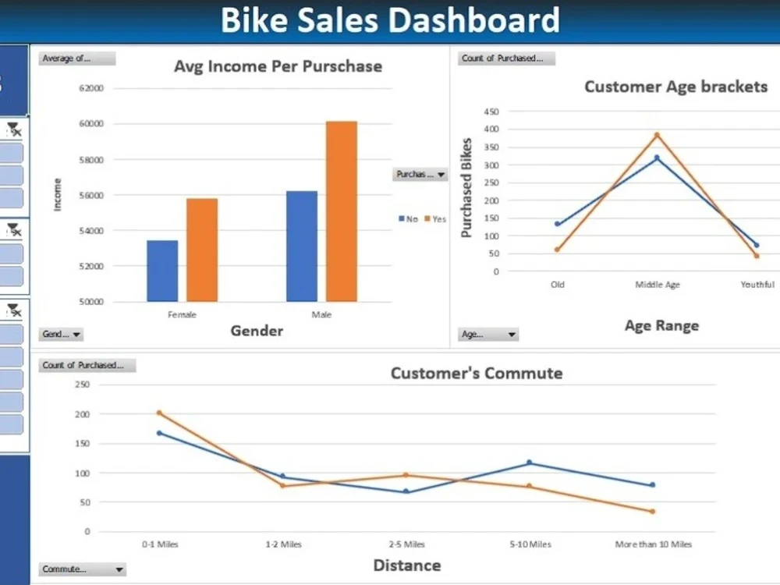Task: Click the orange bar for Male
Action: click(341, 211)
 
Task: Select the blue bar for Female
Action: click(162, 271)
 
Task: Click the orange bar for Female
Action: click(202, 250)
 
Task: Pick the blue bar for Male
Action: click(301, 246)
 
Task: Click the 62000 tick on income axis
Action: click(90, 88)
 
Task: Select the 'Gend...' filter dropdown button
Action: click(61, 335)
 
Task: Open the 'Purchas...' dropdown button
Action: click(420, 175)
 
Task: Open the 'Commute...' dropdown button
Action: click(82, 569)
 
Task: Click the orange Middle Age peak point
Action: click(657, 135)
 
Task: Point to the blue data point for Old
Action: click(557, 224)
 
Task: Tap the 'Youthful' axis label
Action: click(757, 285)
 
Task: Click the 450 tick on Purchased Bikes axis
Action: click(491, 112)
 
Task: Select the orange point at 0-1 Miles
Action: click(159, 413)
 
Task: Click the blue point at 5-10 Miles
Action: click(529, 463)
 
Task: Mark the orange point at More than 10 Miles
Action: click(652, 512)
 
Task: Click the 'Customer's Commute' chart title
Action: click(476, 373)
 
